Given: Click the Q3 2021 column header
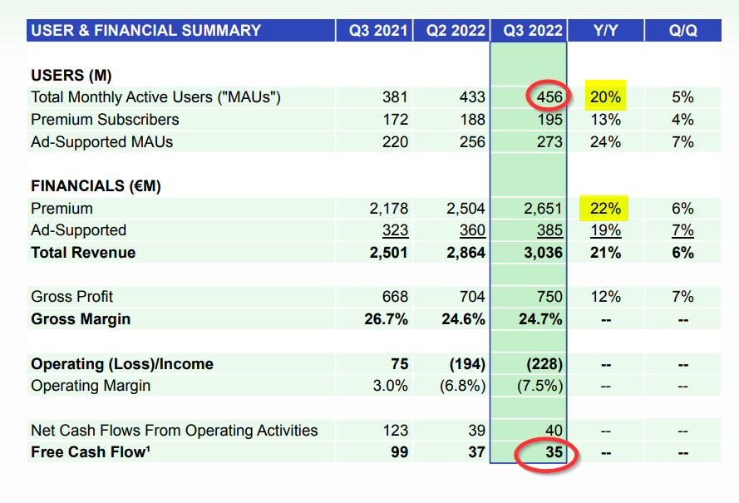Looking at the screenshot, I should click(378, 31).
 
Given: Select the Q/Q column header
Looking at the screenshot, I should click(682, 31).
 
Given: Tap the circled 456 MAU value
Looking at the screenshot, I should click(549, 97).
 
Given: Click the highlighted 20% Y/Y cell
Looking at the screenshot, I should click(605, 97).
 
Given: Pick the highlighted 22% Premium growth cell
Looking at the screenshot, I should click(605, 209).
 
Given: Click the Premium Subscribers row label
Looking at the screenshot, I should click(105, 120).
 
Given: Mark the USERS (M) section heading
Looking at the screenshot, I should click(71, 75).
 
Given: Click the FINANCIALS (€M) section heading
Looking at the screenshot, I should click(96, 186).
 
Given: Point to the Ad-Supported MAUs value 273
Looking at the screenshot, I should click(549, 142).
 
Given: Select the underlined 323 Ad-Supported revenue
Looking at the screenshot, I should click(394, 230).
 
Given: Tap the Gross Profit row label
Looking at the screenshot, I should click(71, 297).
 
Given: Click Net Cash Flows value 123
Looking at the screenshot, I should click(394, 431).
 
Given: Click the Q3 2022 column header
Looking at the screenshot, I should click(529, 31).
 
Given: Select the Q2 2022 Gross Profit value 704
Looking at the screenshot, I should click(471, 297).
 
